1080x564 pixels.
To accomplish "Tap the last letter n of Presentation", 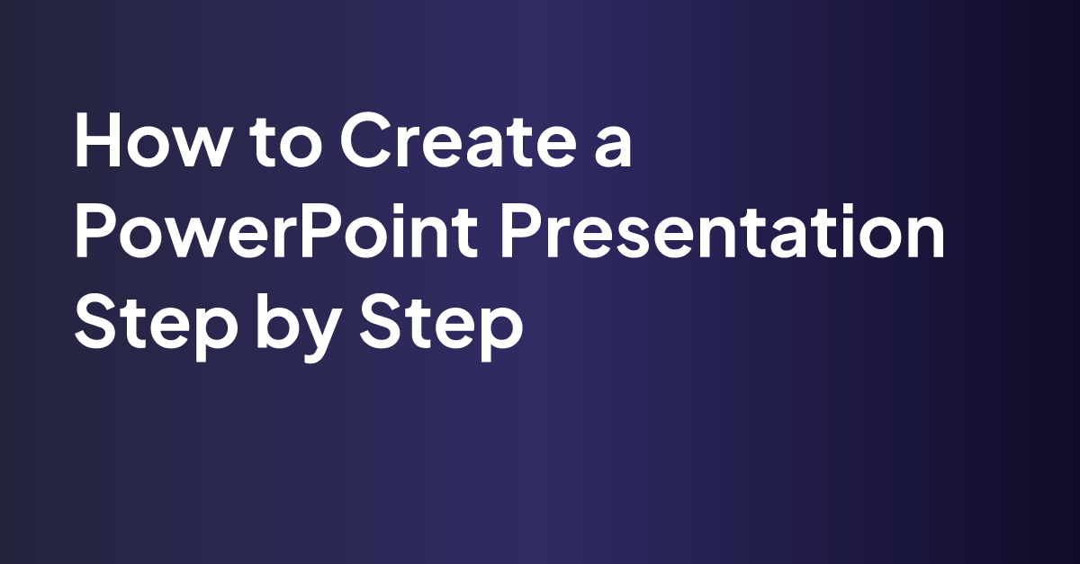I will pos(923,241).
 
